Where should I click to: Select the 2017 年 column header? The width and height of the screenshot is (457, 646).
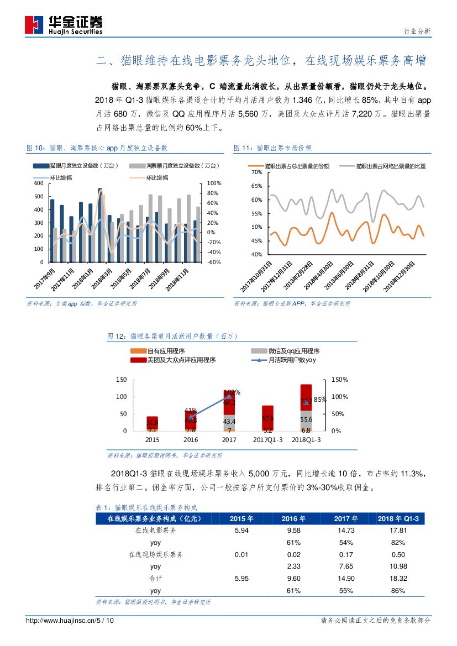pyautogui.click(x=346, y=518)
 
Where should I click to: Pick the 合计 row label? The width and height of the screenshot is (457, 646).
pyautogui.click(x=156, y=579)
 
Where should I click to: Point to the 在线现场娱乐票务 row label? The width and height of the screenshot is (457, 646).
pyautogui.click(x=156, y=554)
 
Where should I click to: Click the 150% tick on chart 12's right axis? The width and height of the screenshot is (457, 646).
pyautogui.click(x=339, y=380)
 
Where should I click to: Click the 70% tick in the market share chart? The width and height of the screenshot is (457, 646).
pyautogui.click(x=256, y=172)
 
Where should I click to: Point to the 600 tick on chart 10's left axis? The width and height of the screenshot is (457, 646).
pyautogui.click(x=38, y=183)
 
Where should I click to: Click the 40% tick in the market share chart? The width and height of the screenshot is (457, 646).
pyautogui.click(x=256, y=255)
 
